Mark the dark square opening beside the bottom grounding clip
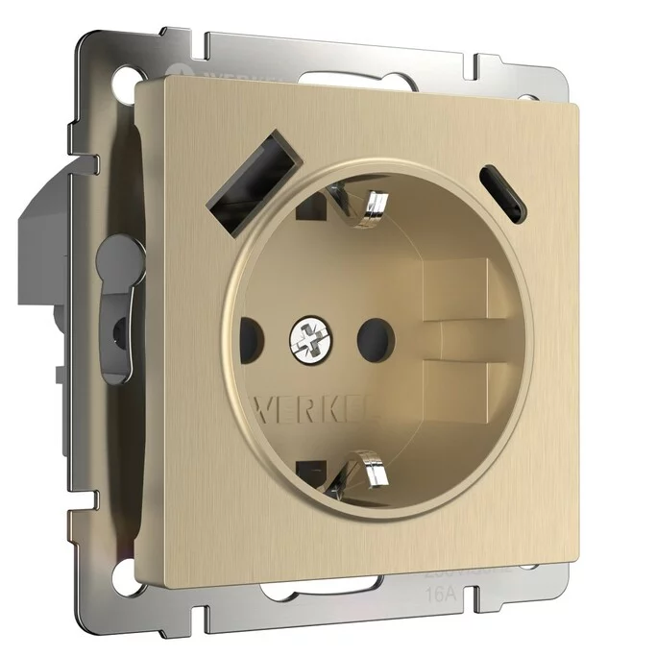coord(311,472)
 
